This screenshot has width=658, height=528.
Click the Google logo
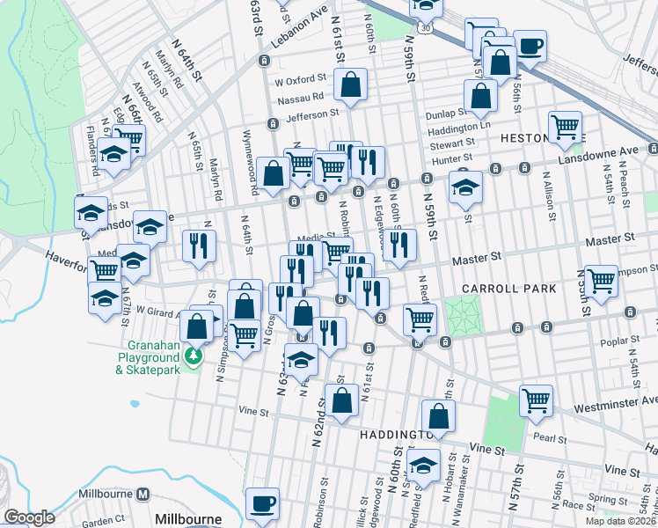28,518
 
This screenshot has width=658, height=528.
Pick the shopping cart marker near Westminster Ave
535,400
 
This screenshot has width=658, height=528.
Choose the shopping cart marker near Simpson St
601,281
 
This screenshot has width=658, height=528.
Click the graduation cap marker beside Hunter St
465,186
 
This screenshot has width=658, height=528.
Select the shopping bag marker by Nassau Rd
350,85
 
